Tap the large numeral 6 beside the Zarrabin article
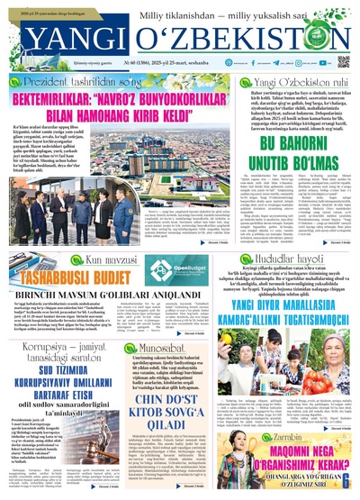click(346, 482)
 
